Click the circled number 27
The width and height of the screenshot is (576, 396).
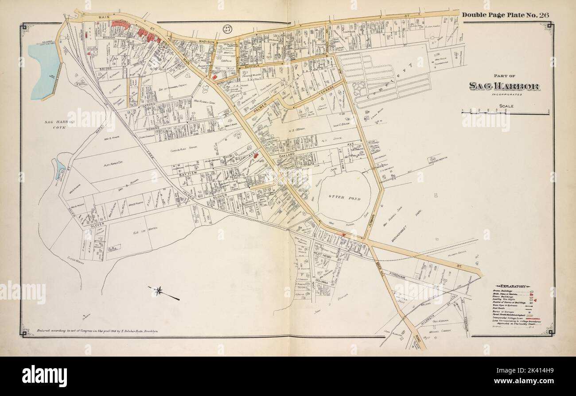(227, 29)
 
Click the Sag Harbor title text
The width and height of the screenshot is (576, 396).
(504, 86)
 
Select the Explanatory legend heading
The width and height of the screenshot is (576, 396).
(513, 286)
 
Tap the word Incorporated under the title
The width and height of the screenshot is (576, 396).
(504, 95)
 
